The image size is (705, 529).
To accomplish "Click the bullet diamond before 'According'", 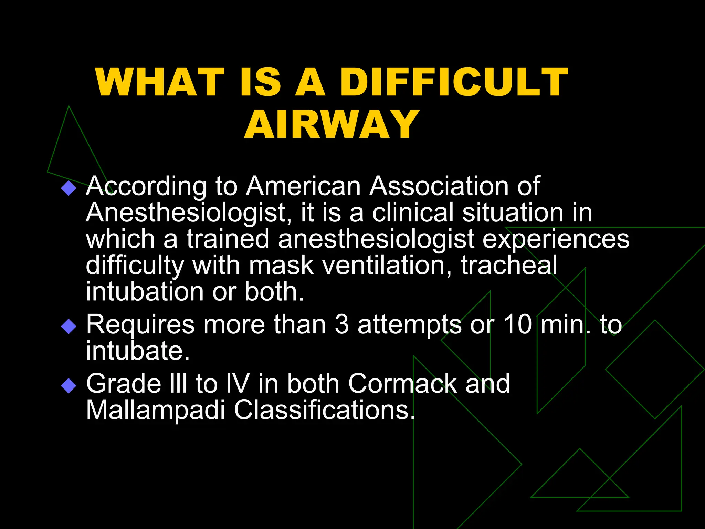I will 69,188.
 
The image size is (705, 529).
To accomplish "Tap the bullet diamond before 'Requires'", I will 69,326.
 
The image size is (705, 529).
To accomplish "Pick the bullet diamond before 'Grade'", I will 69,385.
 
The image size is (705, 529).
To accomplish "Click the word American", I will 303,186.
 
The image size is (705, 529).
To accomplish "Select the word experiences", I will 556,239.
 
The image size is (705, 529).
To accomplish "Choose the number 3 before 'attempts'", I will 341,324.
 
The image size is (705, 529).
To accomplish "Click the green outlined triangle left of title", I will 71,148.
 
